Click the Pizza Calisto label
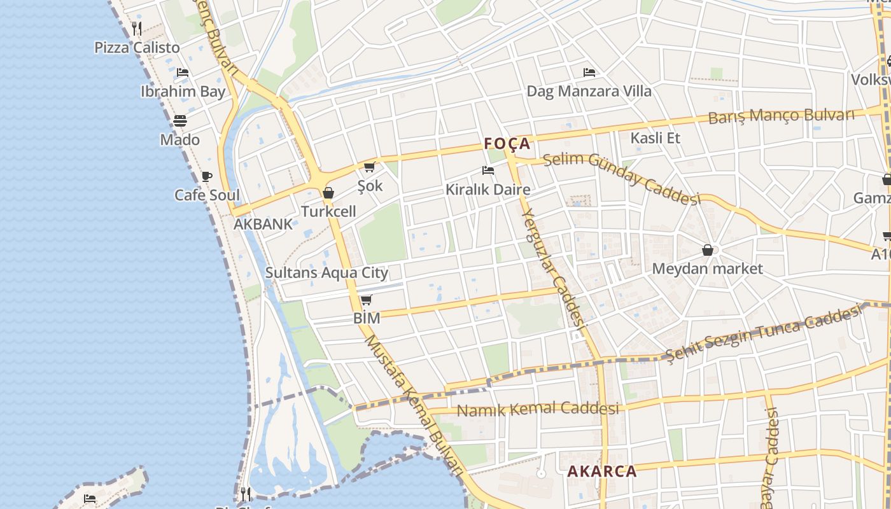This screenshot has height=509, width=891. pos(137,48)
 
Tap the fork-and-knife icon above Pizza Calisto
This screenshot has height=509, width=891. pos(137,29)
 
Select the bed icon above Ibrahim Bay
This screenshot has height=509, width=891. pos(183,73)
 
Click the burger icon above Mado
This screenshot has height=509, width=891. pos(180,121)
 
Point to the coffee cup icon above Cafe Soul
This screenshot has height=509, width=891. pos(207,176)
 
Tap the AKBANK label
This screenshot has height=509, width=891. pos(263,224)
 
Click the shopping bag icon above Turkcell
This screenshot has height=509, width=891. pos(328,193)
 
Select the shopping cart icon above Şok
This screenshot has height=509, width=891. pos(369,167)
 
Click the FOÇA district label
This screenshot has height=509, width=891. pos(507,144)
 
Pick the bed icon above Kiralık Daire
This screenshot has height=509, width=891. pos(488,171)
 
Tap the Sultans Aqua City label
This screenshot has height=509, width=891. pos(326,273)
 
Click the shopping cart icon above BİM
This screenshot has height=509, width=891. pos(366,300)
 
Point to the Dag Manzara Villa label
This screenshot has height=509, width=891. pos(589,91)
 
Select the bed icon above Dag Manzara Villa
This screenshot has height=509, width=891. pos(589,73)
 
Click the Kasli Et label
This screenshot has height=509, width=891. pos(656,138)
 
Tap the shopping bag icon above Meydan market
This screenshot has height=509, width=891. pos(707,250)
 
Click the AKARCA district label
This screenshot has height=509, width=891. pos(601,471)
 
